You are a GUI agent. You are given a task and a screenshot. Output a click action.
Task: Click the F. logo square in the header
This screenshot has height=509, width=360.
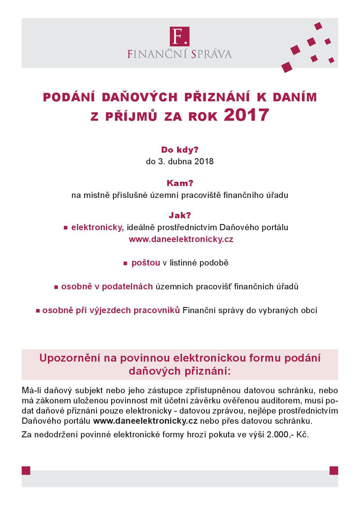(180, 36)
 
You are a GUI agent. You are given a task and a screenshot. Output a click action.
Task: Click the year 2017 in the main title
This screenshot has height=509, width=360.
(246, 115)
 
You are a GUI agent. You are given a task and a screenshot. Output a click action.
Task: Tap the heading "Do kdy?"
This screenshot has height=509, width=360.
(180, 150)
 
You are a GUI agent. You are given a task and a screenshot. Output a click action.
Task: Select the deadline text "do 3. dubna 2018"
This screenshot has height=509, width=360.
(180, 161)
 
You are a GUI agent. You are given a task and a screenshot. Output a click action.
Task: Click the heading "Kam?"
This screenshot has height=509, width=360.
(180, 183)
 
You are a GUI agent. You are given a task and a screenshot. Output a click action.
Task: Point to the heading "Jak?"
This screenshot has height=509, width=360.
(180, 215)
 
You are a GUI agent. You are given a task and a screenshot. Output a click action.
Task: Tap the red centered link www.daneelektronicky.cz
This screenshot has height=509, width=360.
(181, 239)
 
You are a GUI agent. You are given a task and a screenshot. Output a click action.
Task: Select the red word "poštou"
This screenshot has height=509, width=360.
(146, 263)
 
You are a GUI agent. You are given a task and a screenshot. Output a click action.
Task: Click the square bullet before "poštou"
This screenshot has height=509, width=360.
(125, 263)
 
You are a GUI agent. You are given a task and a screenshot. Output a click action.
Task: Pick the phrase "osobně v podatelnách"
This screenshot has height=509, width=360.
(107, 287)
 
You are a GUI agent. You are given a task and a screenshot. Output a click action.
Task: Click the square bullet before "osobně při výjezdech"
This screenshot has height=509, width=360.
(38, 311)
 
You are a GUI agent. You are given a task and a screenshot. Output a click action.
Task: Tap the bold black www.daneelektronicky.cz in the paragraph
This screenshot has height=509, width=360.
(145, 421)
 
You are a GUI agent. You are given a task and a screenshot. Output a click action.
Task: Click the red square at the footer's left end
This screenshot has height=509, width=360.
(26, 471)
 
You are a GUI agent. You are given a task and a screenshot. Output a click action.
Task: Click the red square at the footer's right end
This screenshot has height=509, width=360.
(334, 471)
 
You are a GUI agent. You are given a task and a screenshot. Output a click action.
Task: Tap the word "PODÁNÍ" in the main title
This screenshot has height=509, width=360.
(69, 97)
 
